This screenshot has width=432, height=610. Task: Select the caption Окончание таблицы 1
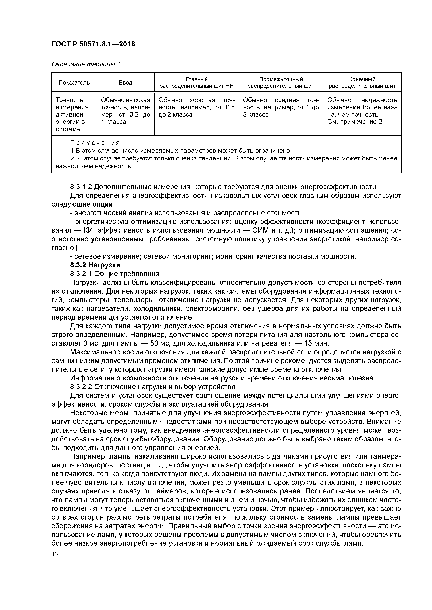[86, 64]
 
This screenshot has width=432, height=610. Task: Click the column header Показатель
[74, 83]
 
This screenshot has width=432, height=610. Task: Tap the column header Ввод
[125, 83]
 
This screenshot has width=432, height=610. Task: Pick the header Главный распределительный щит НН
[196, 83]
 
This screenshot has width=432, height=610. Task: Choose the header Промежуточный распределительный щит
[281, 83]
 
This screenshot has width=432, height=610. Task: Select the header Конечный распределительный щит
[362, 83]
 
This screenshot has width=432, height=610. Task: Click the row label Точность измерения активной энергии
[72, 114]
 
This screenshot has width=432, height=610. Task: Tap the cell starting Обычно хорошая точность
[196, 107]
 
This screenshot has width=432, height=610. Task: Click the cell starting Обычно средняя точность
[281, 107]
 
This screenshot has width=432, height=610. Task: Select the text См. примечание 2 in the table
[354, 122]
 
